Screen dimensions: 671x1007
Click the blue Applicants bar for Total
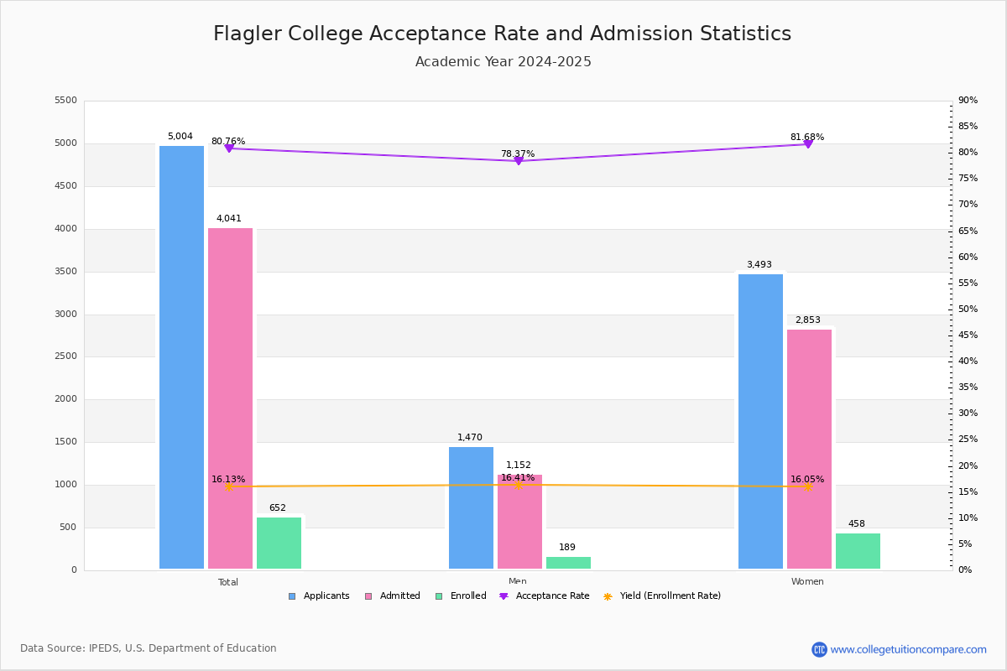[x=181, y=356]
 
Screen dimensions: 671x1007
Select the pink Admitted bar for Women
[x=809, y=449]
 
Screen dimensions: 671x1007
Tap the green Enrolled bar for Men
[x=568, y=563]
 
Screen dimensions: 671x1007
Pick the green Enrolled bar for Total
[x=279, y=543]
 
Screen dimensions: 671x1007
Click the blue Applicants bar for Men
[x=471, y=507]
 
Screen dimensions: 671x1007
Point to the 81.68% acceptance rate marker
[x=808, y=144]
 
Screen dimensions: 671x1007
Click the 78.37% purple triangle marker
[x=519, y=160]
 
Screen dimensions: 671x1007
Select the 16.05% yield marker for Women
[x=808, y=486]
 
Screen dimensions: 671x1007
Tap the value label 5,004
[x=180, y=137]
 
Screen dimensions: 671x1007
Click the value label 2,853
[x=807, y=320]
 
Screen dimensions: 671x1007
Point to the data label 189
[x=567, y=548]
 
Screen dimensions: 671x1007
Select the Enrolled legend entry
[x=461, y=596]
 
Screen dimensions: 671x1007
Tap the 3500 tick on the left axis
[x=66, y=272]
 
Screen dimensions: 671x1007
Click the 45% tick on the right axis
[x=968, y=335]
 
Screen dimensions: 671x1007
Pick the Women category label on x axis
[x=807, y=582]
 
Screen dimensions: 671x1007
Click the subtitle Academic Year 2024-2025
[x=503, y=62]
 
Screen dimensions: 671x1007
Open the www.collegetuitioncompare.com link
[x=908, y=649]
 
